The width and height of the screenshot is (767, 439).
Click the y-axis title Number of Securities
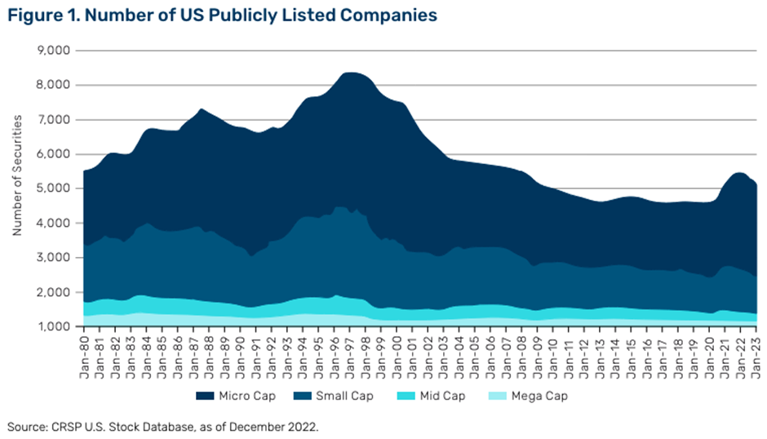click(16, 188)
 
